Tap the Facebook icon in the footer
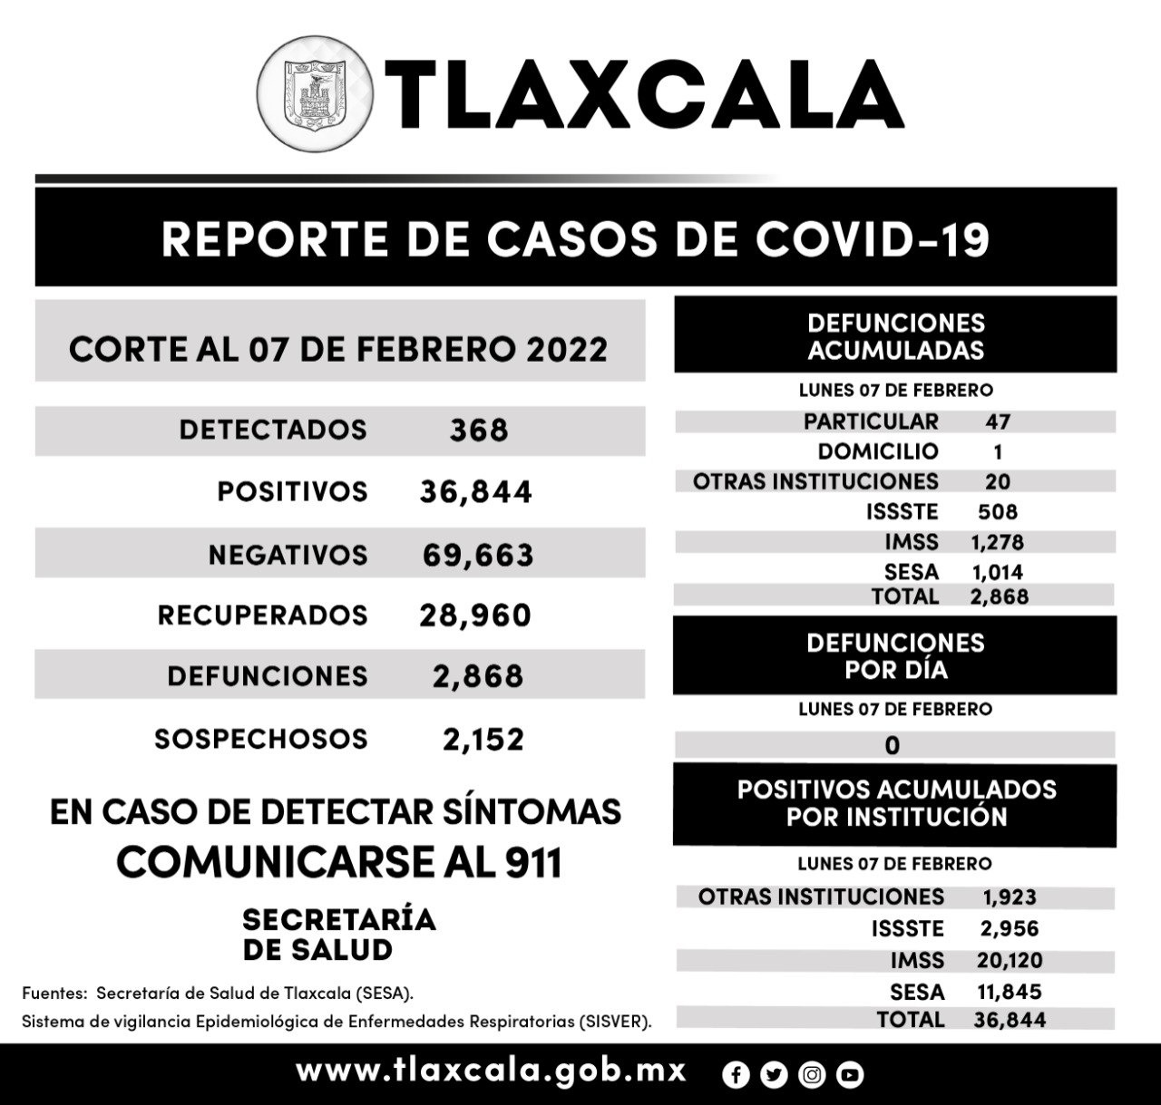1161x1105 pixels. pos(736,1075)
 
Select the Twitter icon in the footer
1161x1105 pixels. pos(774,1075)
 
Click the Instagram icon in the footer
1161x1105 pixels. pos(812,1075)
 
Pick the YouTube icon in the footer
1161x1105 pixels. pos(850,1075)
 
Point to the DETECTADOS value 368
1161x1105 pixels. pos(479,431)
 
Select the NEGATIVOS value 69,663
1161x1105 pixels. pos(477,555)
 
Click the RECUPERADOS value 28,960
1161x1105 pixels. pos(475,616)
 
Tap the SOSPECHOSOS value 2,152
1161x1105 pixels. pos(483,740)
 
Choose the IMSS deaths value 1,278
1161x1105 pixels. pos(997,542)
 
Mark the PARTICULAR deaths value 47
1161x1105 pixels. pos(997,422)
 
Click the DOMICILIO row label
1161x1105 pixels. pos(877,451)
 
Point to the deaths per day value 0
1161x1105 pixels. pos(893,745)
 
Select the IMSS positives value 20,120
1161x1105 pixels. pos(1009,960)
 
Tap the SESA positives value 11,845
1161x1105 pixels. pos(1009,992)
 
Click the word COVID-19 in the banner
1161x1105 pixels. pos(872,239)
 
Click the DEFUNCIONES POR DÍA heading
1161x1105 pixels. pos(895,656)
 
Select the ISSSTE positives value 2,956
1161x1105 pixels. pos(1009,928)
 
